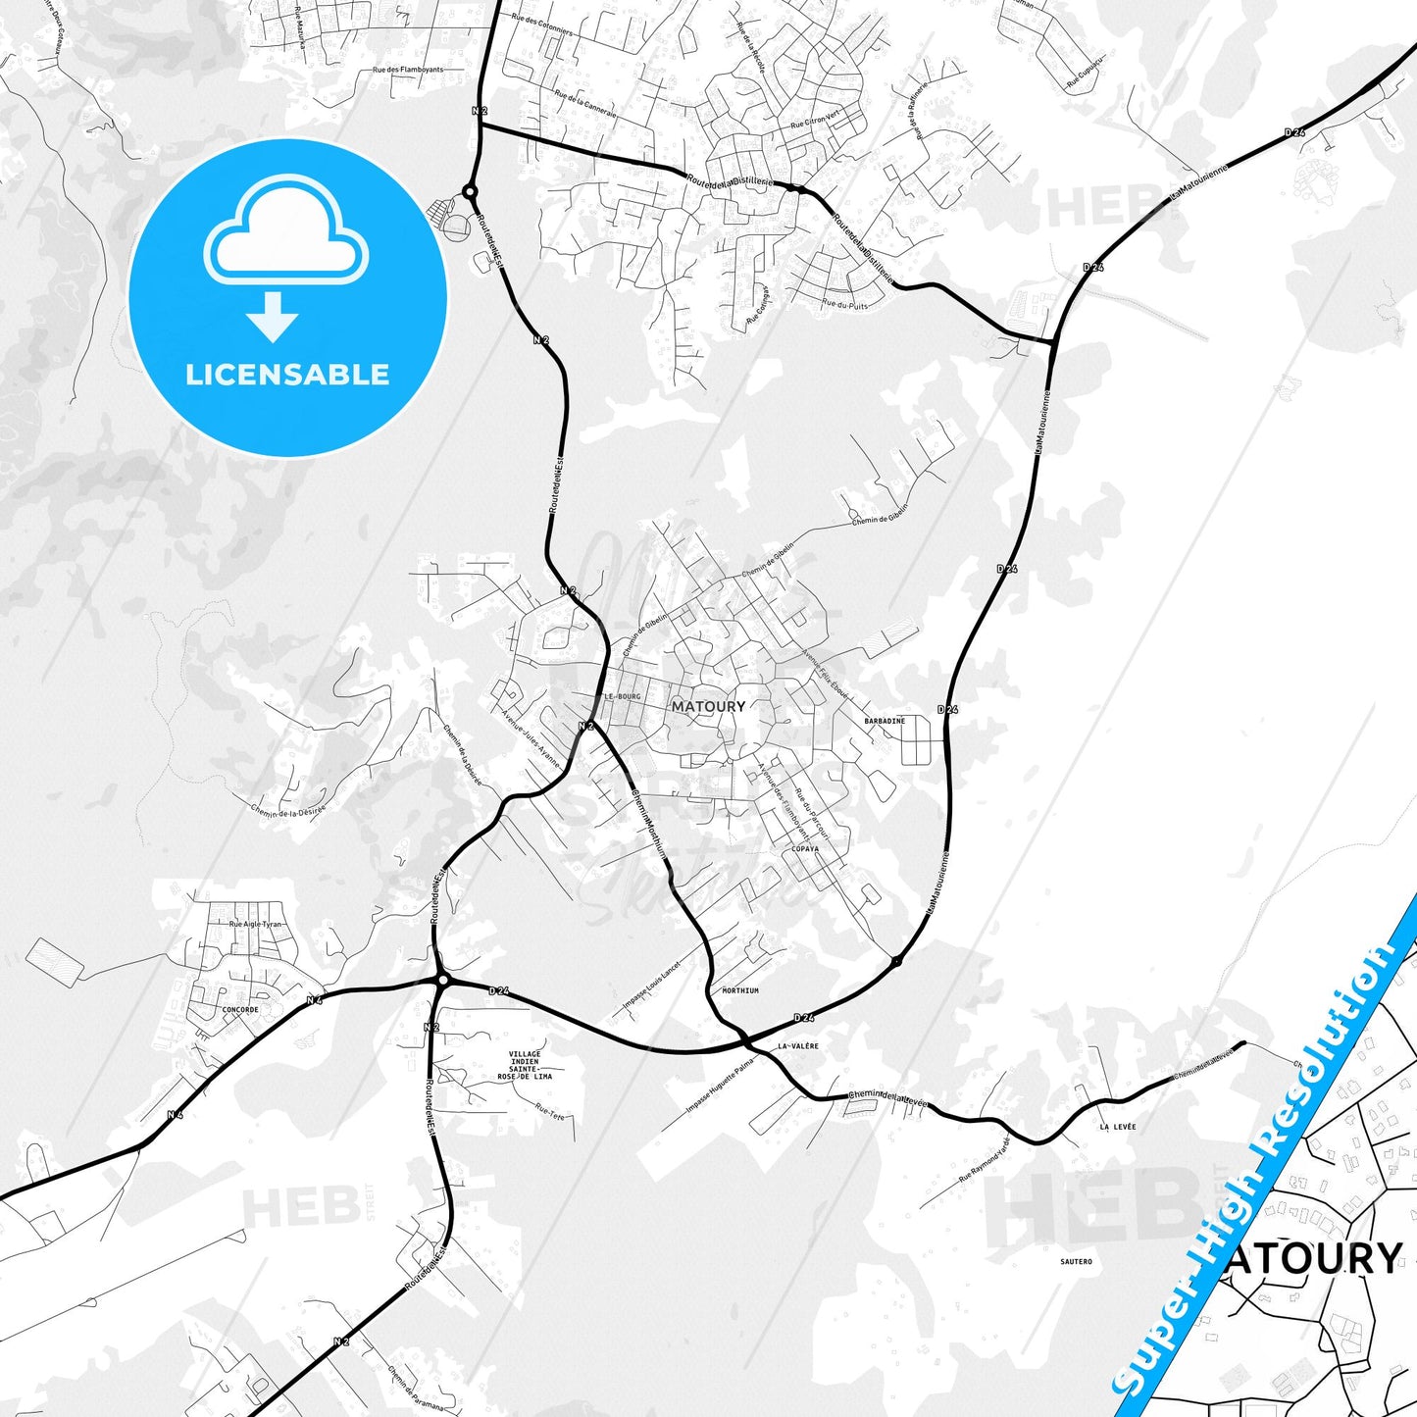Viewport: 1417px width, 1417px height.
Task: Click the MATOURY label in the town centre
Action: pyautogui.click(x=708, y=706)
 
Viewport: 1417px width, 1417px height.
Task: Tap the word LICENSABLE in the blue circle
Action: pyautogui.click(x=287, y=375)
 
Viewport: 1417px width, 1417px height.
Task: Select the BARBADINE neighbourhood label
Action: pyautogui.click(x=885, y=721)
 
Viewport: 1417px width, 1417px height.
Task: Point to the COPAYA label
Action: pyautogui.click(x=804, y=849)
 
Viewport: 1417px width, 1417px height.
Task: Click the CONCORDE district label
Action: pyautogui.click(x=240, y=1009)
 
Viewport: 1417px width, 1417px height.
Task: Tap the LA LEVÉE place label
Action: pyautogui.click(x=1117, y=1127)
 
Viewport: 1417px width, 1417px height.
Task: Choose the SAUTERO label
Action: pyautogui.click(x=1076, y=1261)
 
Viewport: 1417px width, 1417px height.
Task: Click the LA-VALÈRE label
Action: pyautogui.click(x=797, y=1046)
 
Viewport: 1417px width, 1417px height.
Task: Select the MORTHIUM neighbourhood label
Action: pyautogui.click(x=740, y=991)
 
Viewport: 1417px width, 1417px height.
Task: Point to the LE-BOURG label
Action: pyautogui.click(x=622, y=696)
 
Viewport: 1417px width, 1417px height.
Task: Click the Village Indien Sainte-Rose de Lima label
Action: pyautogui.click(x=525, y=1066)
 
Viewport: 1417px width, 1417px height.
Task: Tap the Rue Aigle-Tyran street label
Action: pyautogui.click(x=255, y=924)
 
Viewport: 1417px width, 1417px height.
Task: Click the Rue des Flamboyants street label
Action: pyautogui.click(x=408, y=70)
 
